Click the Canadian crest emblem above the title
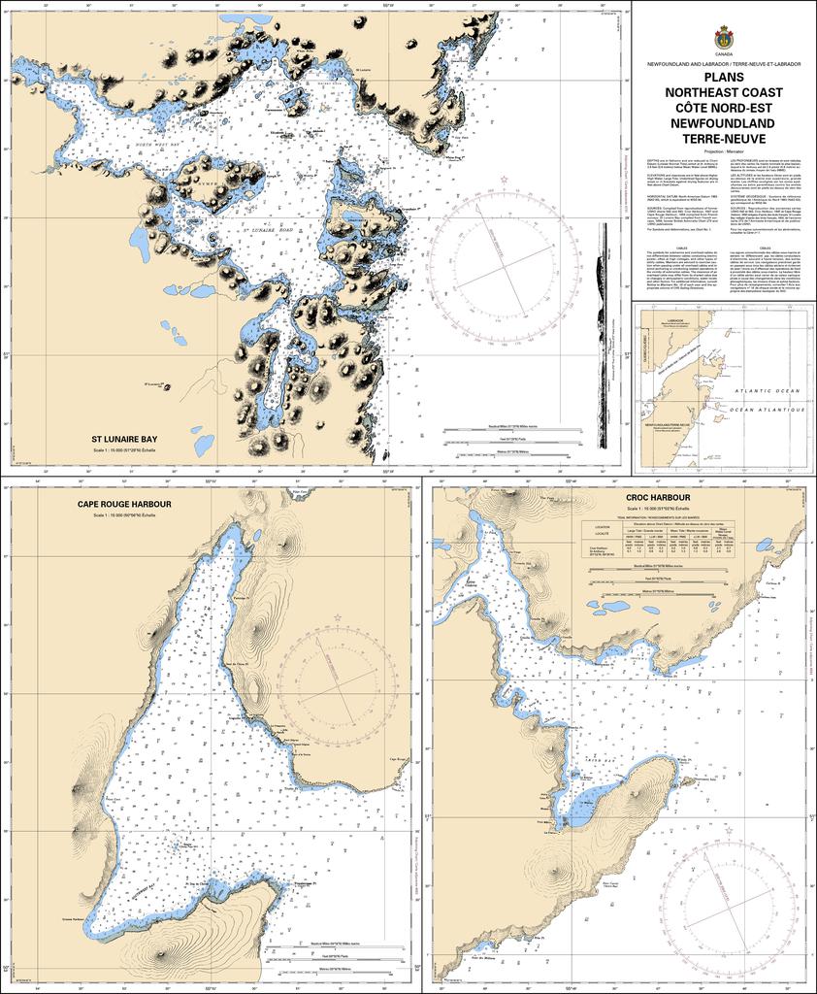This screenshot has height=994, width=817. (x=724, y=37)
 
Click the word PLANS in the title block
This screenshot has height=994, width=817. (x=724, y=78)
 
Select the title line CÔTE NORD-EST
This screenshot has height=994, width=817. (x=724, y=108)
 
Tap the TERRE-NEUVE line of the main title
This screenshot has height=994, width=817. (x=724, y=139)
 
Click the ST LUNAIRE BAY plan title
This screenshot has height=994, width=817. (x=124, y=439)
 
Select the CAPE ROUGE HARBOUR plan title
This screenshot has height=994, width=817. (x=125, y=505)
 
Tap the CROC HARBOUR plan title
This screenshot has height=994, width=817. (x=658, y=497)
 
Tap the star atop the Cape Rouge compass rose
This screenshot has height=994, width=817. (x=338, y=616)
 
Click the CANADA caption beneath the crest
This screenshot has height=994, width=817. (x=724, y=55)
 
